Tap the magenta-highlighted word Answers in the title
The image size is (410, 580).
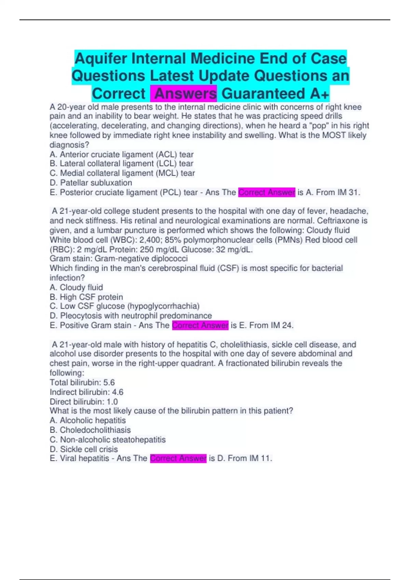(x=186, y=93)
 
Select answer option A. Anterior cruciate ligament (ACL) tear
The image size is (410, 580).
(x=122, y=155)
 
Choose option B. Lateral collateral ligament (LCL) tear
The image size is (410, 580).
(x=121, y=164)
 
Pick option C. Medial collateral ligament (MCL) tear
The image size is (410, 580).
(x=122, y=173)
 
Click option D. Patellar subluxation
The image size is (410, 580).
(x=91, y=183)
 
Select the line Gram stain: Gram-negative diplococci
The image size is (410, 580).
(x=119, y=259)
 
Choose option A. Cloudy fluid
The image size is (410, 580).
(x=76, y=288)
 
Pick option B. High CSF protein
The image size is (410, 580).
(x=86, y=297)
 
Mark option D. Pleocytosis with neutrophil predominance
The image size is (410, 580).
(x=131, y=316)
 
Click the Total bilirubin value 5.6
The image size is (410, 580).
(x=109, y=382)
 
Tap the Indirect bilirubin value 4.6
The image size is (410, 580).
(x=118, y=392)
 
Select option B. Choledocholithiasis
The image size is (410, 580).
(x=90, y=430)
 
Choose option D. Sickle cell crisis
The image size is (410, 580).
(x=84, y=449)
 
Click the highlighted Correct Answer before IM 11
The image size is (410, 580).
(x=178, y=458)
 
